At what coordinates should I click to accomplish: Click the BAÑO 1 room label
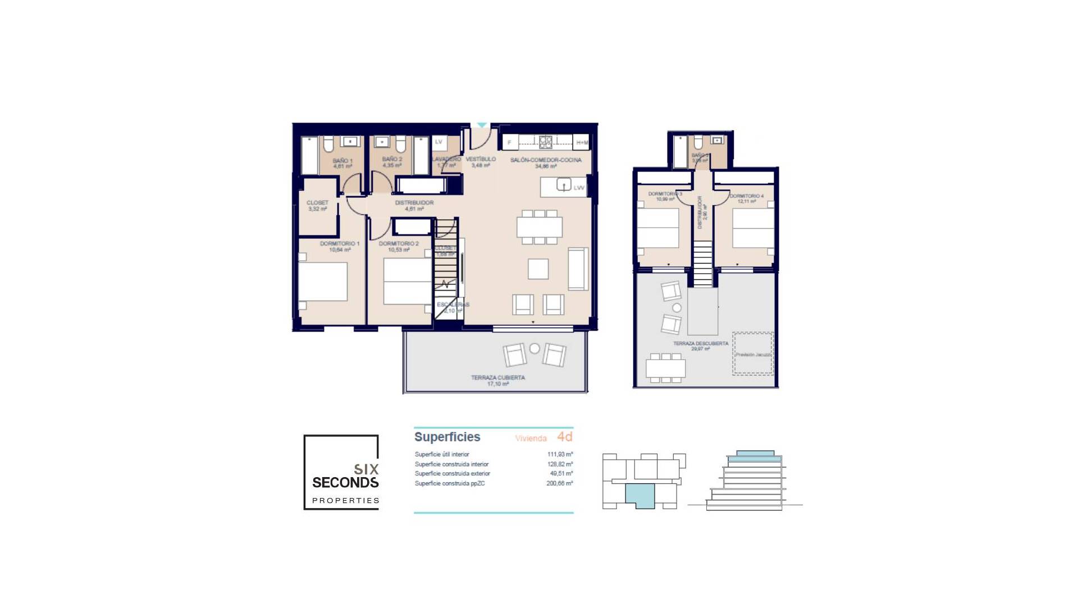(342, 163)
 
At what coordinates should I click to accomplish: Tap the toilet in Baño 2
(400, 146)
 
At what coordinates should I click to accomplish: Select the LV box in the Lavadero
(438, 142)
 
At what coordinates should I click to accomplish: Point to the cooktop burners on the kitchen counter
(546, 142)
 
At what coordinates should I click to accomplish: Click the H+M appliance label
(582, 143)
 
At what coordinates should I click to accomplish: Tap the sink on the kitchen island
(563, 184)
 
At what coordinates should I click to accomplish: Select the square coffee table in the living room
(538, 269)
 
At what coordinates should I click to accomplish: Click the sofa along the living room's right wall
(578, 269)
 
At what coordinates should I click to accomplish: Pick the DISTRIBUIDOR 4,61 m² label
(414, 205)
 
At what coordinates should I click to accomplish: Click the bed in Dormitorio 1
(322, 281)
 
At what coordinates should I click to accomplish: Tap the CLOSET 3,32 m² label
(317, 205)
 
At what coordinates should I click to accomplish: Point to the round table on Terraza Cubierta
(535, 348)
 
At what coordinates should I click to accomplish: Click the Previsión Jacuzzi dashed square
(753, 354)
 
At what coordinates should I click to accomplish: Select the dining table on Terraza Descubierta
(665, 368)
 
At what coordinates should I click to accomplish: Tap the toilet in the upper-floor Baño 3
(698, 142)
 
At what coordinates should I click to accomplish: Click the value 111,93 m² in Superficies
(560, 454)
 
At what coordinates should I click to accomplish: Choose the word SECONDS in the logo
(345, 482)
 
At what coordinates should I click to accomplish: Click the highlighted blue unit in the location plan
(640, 496)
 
